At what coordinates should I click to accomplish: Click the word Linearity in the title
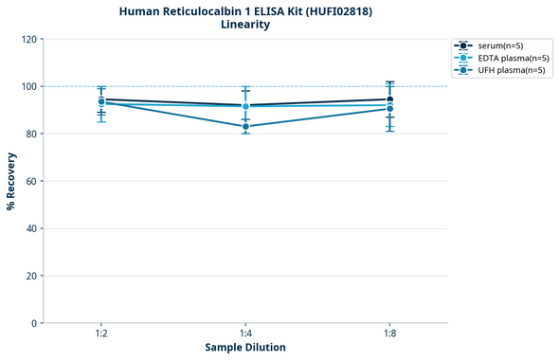(245, 25)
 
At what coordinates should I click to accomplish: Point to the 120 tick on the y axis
(27, 39)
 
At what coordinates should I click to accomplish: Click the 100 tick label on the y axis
(27, 86)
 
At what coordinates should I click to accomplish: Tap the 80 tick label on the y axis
(30, 134)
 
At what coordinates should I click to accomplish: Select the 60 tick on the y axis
(30, 181)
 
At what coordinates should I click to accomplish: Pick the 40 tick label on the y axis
(30, 228)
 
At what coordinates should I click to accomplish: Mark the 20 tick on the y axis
(30, 276)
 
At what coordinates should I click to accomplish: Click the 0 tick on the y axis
(33, 323)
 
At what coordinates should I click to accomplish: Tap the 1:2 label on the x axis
(101, 334)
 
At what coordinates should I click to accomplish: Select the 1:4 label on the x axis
(245, 334)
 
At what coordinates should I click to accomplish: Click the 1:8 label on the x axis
(389, 334)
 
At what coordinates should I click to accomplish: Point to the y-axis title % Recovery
(11, 180)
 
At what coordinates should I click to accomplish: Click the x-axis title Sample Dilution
(245, 348)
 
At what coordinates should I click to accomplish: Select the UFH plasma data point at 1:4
(245, 126)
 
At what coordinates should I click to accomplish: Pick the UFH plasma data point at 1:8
(389, 109)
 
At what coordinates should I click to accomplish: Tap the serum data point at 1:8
(389, 99)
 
